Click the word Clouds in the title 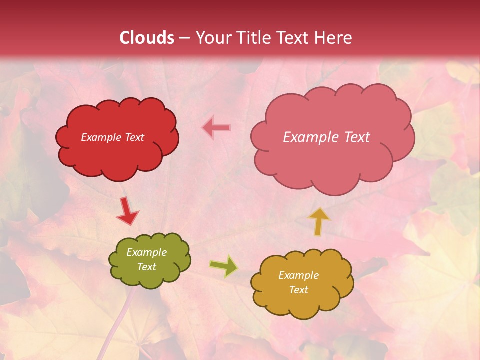pyautogui.click(x=147, y=38)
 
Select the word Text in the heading pyautogui.click(x=295, y=38)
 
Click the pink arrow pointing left pyautogui.click(x=216, y=128)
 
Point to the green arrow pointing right pyautogui.click(x=224, y=266)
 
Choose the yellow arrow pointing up pyautogui.click(x=318, y=221)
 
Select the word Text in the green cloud pyautogui.click(x=146, y=267)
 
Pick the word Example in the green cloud pyautogui.click(x=146, y=252)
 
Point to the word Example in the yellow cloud pyautogui.click(x=298, y=275)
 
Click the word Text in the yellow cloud pyautogui.click(x=298, y=290)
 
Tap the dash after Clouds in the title pyautogui.click(x=184, y=38)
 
